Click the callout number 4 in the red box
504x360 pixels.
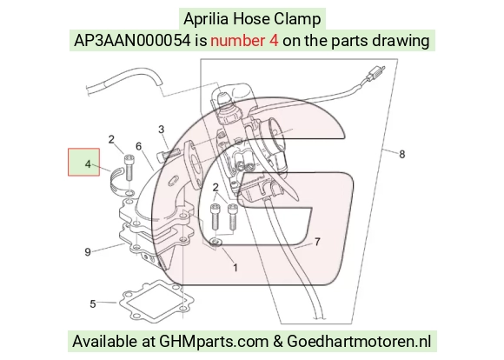point(88,164)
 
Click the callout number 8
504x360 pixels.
point(401,155)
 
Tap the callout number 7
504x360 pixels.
point(317,242)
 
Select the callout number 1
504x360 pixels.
point(235,268)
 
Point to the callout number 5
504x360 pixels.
point(93,303)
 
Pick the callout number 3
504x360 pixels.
point(162,130)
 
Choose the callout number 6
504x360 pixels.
point(138,146)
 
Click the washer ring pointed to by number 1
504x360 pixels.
point(215,243)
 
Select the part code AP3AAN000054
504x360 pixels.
point(132,41)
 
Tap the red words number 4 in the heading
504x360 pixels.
point(244,41)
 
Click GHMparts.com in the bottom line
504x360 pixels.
point(214,342)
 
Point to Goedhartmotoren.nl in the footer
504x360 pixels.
point(359,342)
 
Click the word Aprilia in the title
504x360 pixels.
point(206,19)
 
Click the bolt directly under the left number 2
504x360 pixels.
point(129,167)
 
